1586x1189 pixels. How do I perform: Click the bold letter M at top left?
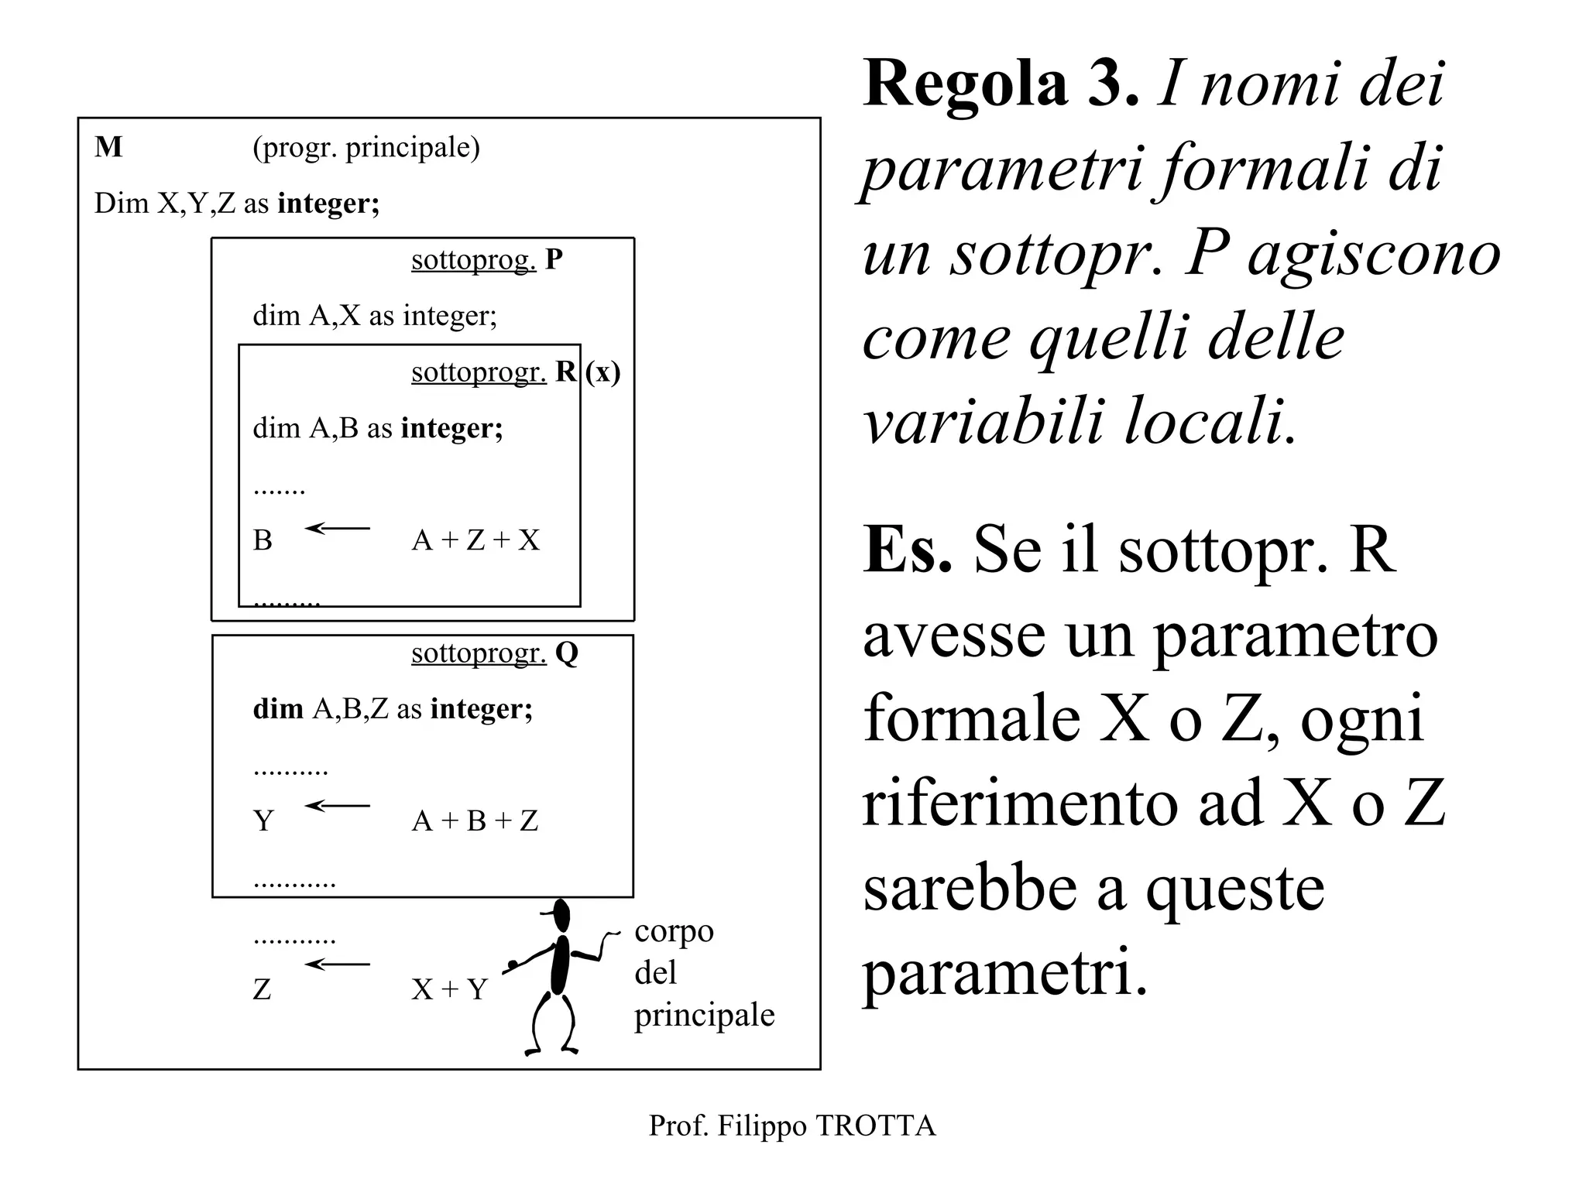108,147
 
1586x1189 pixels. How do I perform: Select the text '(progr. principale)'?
366,147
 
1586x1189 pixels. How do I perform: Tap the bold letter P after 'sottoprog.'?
554,259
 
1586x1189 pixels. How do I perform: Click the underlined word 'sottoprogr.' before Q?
479,653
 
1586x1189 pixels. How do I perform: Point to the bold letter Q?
567,653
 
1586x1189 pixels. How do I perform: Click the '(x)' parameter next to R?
602,372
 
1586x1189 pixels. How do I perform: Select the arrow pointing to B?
338,529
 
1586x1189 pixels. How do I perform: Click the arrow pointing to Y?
338,806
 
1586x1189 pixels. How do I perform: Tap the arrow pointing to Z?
338,965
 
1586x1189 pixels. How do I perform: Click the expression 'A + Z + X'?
475,540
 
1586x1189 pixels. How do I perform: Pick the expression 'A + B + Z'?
475,821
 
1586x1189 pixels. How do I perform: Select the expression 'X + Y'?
449,989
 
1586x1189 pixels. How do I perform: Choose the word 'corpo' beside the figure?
674,932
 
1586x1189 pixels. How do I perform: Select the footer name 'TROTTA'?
876,1126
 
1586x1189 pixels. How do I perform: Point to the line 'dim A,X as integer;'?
375,316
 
